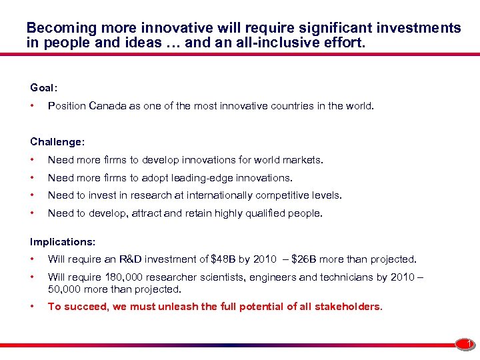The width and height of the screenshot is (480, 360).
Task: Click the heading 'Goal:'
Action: click(44, 87)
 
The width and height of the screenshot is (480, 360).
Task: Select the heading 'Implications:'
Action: click(63, 241)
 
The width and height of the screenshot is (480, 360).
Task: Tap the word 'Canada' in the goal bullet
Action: click(107, 105)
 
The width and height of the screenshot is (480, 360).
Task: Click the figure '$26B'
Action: click(303, 259)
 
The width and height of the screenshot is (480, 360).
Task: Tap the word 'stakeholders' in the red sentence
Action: click(348, 307)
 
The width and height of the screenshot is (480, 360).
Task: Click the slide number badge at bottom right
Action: click(469, 344)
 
